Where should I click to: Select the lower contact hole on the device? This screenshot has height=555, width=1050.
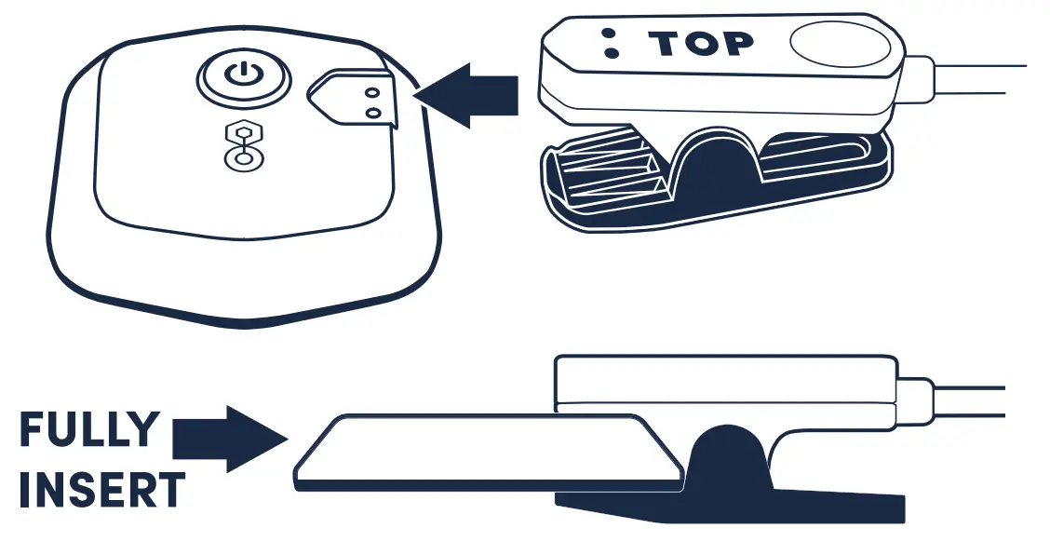pyautogui.click(x=373, y=113)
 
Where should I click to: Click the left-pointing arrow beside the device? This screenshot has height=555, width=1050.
pyautogui.click(x=464, y=95)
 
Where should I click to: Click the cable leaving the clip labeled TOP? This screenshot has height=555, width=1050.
pyautogui.click(x=977, y=79)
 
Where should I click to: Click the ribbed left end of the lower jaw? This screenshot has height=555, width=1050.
pyautogui.click(x=596, y=177)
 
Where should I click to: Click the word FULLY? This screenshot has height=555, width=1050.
pyautogui.click(x=89, y=431)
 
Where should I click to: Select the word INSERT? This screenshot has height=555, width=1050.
pyautogui.click(x=101, y=491)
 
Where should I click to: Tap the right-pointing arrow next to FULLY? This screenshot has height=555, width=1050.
pyautogui.click(x=228, y=438)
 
